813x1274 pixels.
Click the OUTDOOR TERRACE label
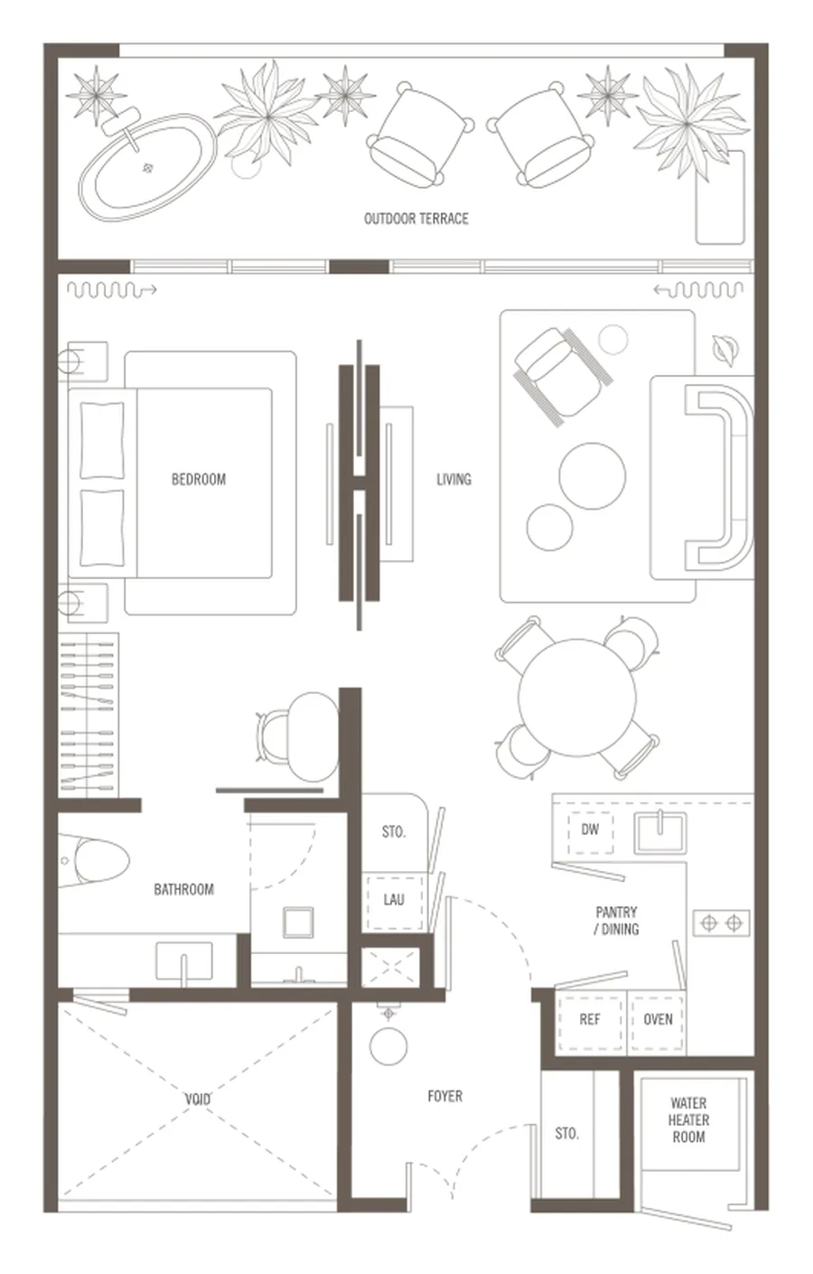pyautogui.click(x=416, y=219)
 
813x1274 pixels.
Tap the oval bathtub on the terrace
pyautogui.click(x=148, y=167)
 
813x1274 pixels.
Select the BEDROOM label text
pyautogui.click(x=199, y=479)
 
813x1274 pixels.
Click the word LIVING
pyautogui.click(x=453, y=480)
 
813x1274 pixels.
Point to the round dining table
pyautogui.click(x=577, y=698)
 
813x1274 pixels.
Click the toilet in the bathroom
pyautogui.click(x=94, y=860)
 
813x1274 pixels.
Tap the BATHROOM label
pyautogui.click(x=183, y=889)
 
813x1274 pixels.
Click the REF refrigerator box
pyautogui.click(x=590, y=1020)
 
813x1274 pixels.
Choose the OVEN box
pyautogui.click(x=658, y=1020)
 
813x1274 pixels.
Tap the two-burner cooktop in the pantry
pyautogui.click(x=722, y=923)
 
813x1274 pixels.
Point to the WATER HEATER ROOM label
pyautogui.click(x=688, y=1119)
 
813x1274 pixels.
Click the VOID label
pyautogui.click(x=197, y=1099)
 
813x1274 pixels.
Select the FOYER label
pyautogui.click(x=444, y=1096)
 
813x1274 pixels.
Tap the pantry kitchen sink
pyautogui.click(x=660, y=831)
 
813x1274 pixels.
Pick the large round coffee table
pyautogui.click(x=593, y=476)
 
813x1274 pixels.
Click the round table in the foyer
pyautogui.click(x=388, y=1045)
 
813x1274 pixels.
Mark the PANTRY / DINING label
pyautogui.click(x=617, y=921)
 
